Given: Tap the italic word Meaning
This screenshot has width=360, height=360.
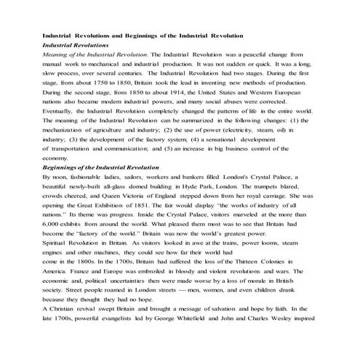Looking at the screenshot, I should tap(57, 55).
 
